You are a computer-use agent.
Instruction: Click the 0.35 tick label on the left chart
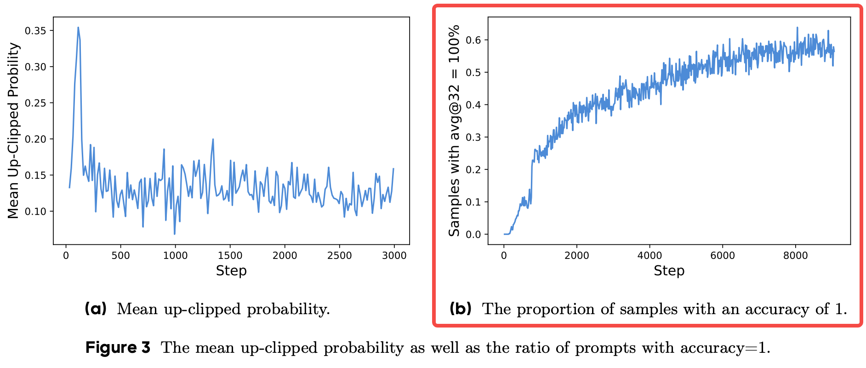[x=35, y=31]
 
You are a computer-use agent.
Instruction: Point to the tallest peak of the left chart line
[x=78, y=28]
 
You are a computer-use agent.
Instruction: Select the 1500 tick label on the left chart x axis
[x=230, y=256]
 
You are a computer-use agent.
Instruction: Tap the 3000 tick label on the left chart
[x=394, y=256]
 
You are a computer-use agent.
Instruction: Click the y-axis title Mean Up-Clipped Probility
[x=14, y=131]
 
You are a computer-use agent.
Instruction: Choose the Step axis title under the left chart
[x=231, y=270]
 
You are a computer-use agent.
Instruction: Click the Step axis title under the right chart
[x=669, y=270]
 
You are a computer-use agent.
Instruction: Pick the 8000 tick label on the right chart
[x=795, y=256]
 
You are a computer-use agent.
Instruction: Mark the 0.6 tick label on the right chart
[x=473, y=40]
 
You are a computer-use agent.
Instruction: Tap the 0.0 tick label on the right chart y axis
[x=473, y=235]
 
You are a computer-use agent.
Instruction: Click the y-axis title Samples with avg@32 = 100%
[x=454, y=131]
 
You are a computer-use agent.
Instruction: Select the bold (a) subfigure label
[x=96, y=309]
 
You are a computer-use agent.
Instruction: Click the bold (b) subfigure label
[x=461, y=309]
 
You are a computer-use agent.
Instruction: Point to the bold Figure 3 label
[x=118, y=347]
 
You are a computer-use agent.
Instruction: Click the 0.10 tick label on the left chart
[x=35, y=212]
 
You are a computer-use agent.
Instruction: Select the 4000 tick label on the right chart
[x=649, y=256]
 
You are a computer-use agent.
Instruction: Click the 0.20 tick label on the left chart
[x=35, y=139]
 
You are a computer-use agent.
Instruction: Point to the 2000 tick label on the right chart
[x=576, y=256]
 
